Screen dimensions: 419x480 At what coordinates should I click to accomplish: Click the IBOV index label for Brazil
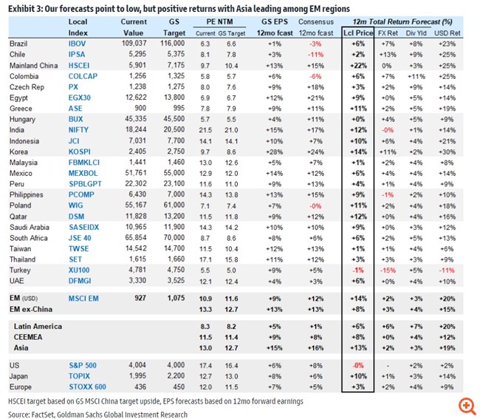click(77, 44)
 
